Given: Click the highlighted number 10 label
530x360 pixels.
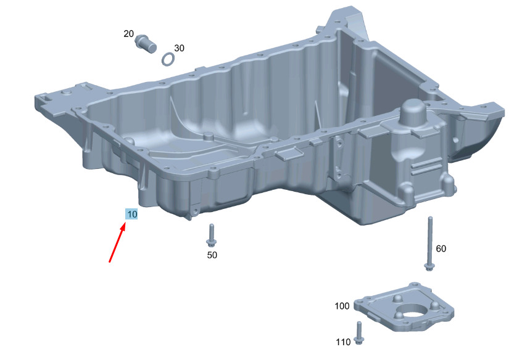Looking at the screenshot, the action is (x=131, y=214).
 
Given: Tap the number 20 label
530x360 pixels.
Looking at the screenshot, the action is (x=128, y=34).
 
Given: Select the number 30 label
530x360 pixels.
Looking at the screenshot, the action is (x=179, y=48).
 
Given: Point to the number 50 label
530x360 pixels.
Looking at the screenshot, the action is (x=212, y=255).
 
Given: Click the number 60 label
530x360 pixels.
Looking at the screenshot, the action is (x=441, y=249).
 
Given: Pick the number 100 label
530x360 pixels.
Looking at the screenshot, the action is (x=342, y=306).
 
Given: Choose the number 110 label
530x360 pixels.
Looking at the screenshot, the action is (x=343, y=342).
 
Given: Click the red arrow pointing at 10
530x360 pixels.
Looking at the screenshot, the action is (x=117, y=242).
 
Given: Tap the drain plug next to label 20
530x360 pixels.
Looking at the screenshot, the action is (x=146, y=44).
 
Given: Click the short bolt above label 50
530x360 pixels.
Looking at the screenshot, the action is (x=211, y=235).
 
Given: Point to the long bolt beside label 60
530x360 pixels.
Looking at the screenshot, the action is (x=430, y=243).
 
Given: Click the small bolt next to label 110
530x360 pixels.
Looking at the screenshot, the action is (x=358, y=333).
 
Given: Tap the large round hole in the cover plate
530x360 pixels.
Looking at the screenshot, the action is (x=413, y=310).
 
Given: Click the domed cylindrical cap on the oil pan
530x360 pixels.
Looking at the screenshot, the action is (x=413, y=112).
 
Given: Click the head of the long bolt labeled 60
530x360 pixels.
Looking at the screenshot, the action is (x=429, y=267).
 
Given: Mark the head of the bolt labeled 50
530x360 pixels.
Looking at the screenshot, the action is (x=211, y=242).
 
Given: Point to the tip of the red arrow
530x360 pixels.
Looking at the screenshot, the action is (x=125, y=223).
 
